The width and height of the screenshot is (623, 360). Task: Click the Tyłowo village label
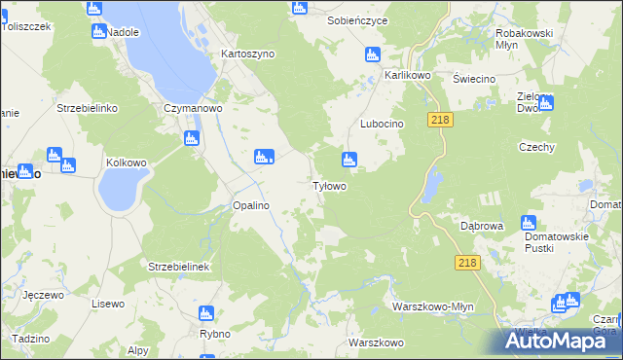(328, 186)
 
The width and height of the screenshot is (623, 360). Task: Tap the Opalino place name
(250, 206)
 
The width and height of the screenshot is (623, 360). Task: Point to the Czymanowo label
(194, 109)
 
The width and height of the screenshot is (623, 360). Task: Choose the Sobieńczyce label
(357, 20)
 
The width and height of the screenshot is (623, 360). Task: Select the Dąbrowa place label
(481, 226)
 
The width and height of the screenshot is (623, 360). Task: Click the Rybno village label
(213, 334)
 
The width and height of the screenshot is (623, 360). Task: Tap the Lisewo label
(108, 305)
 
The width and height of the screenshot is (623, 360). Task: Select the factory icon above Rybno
(205, 313)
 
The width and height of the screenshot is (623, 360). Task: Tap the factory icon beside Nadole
(98, 31)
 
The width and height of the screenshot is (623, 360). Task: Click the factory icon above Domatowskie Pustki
(529, 223)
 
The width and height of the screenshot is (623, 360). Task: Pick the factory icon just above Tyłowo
(348, 160)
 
